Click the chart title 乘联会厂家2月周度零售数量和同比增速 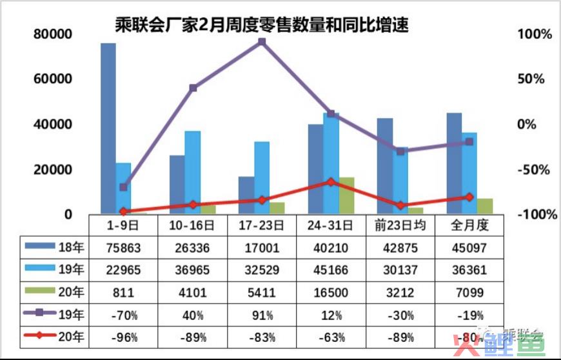click(261, 26)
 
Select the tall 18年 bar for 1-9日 click(108, 129)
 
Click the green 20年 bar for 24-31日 click(346, 195)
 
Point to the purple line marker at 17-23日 click(262, 42)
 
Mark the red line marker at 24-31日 click(331, 182)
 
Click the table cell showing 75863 click(123, 247)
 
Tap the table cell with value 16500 click(331, 292)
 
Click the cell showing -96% click(123, 337)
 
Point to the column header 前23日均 click(400, 225)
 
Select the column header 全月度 click(469, 225)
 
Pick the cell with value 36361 click(469, 270)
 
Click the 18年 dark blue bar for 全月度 click(454, 164)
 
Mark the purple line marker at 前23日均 click(400, 152)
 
